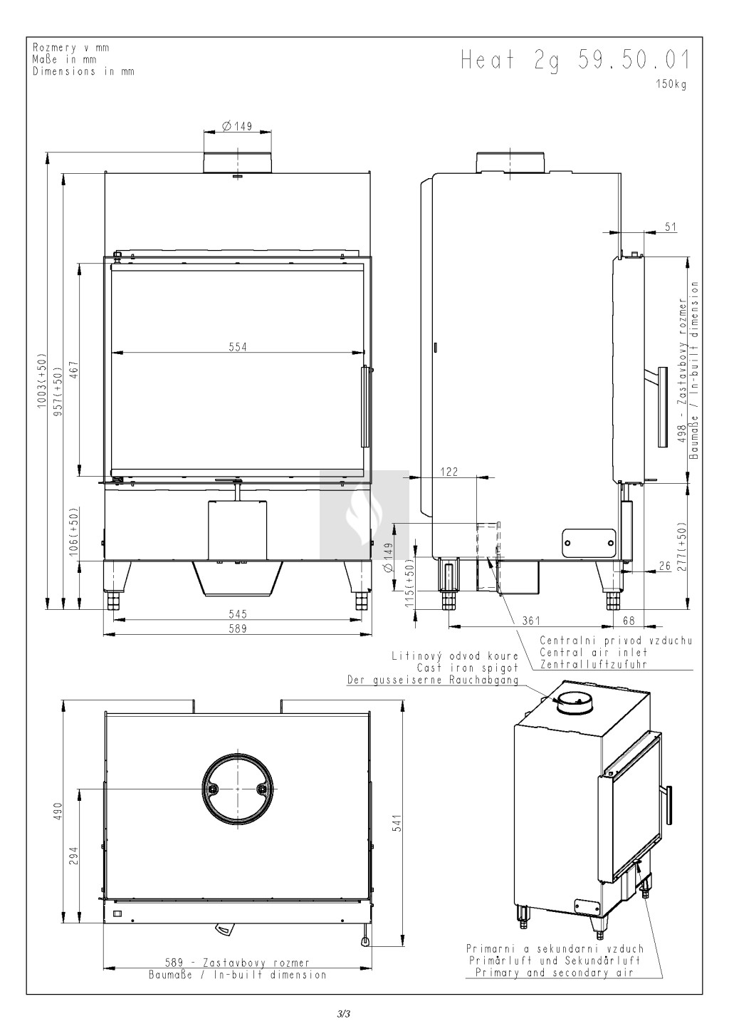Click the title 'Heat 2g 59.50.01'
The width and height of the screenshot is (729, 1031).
coord(575,61)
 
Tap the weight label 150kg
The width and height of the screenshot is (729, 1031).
coord(671,84)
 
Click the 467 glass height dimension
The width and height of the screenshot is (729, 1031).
coord(75,370)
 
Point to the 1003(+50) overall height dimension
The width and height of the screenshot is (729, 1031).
coord(42,381)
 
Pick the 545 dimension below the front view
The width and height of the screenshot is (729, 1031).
coord(238,613)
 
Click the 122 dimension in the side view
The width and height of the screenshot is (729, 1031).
coord(449,472)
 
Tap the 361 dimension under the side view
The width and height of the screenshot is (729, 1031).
coord(531,621)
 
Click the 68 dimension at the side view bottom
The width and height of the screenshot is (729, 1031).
coord(629,621)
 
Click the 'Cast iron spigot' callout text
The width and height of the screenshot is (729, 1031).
coord(468,668)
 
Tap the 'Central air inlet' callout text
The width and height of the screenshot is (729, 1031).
coord(593,652)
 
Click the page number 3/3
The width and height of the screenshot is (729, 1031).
coord(344,1013)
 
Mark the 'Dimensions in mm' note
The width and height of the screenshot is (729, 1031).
coord(84,71)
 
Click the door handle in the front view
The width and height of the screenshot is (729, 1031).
coord(365,406)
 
